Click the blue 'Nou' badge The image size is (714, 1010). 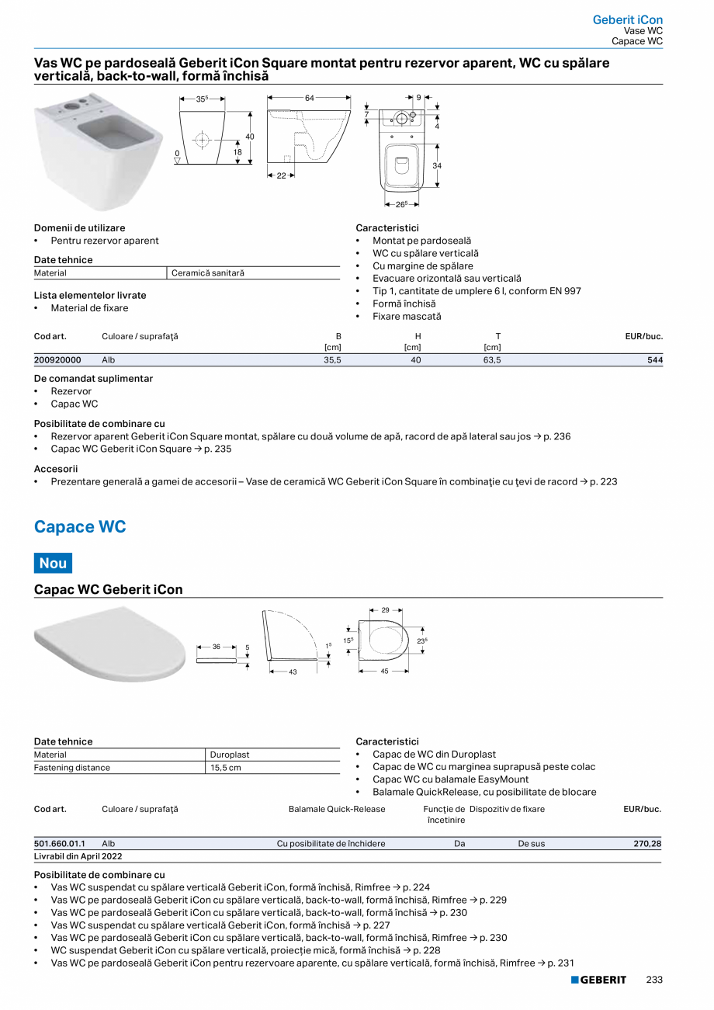(x=53, y=563)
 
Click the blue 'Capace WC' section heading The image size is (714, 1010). (x=80, y=527)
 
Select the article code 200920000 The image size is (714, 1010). (x=57, y=360)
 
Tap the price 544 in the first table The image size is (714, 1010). (x=654, y=360)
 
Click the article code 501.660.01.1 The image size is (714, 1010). (x=60, y=844)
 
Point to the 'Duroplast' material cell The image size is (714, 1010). (x=230, y=755)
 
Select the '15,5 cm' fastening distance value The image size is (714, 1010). (x=226, y=768)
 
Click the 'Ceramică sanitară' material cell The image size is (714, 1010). (x=207, y=273)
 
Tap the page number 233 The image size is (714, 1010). (x=654, y=980)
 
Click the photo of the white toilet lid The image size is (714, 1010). (x=109, y=644)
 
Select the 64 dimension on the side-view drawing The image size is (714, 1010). (x=309, y=98)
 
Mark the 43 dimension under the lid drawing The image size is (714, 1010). (x=293, y=672)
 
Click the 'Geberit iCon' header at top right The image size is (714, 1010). (x=627, y=19)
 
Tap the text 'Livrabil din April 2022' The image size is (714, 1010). (x=78, y=856)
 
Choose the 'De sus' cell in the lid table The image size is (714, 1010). (x=532, y=844)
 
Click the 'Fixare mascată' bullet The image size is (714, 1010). (x=407, y=317)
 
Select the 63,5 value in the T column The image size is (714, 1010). (x=492, y=360)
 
